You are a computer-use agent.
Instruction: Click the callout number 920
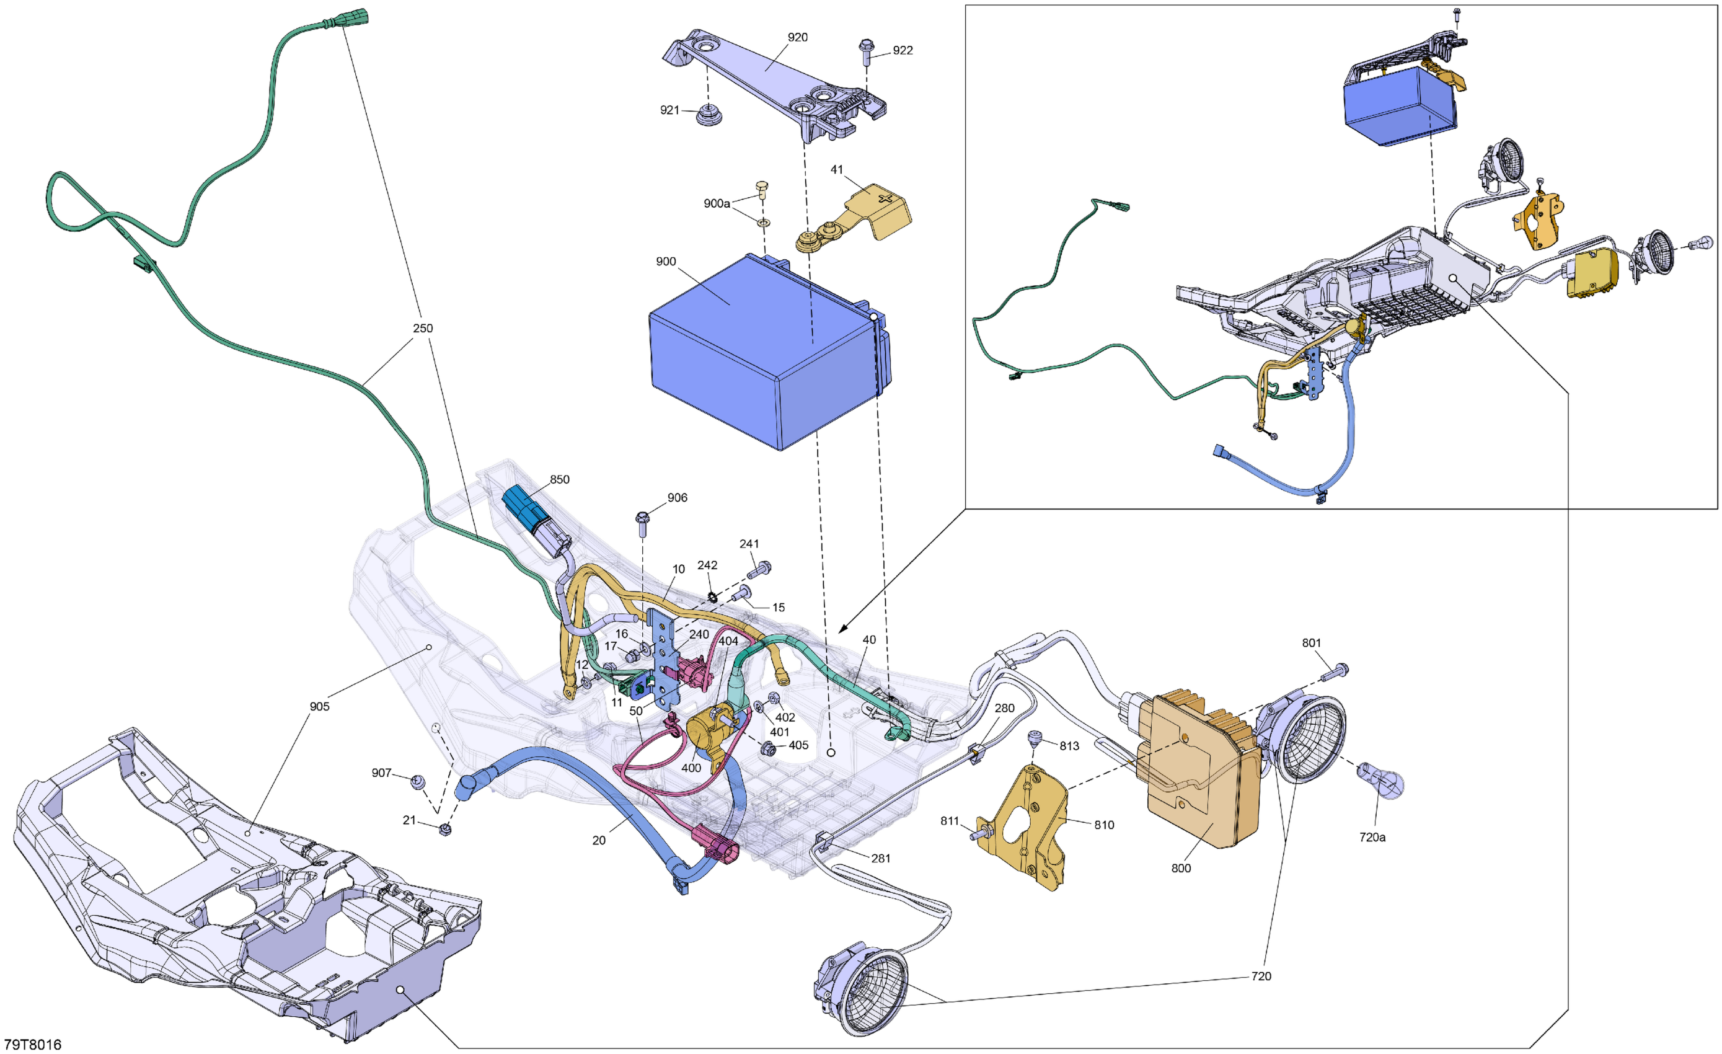[x=797, y=38]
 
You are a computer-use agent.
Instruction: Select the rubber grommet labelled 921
[x=709, y=115]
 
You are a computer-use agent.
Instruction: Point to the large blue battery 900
[x=762, y=350]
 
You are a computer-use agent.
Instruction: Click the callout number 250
[x=423, y=329]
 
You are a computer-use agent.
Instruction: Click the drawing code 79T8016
[x=32, y=1045]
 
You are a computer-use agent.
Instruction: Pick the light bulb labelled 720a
[x=1380, y=781]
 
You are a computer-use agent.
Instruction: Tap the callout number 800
[x=1181, y=869]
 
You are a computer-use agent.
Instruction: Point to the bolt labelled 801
[x=1335, y=671]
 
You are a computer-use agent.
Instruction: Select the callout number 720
[x=1261, y=976]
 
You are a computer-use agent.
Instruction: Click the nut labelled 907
[x=418, y=781]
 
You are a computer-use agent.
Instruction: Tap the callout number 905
[x=319, y=707]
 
